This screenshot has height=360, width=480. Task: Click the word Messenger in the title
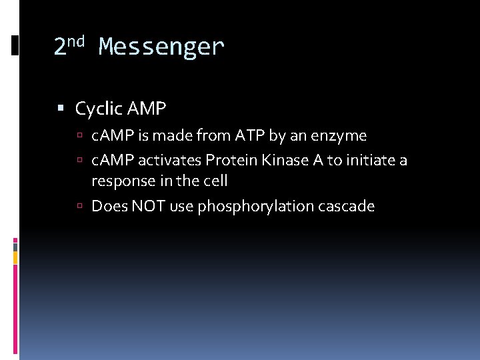[161, 47]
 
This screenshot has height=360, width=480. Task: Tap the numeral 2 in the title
[60, 47]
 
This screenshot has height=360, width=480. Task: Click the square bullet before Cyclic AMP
[61, 108]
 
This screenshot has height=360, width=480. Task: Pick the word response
[121, 181]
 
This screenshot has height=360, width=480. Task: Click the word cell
[215, 181]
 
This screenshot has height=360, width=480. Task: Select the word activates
[170, 161]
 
